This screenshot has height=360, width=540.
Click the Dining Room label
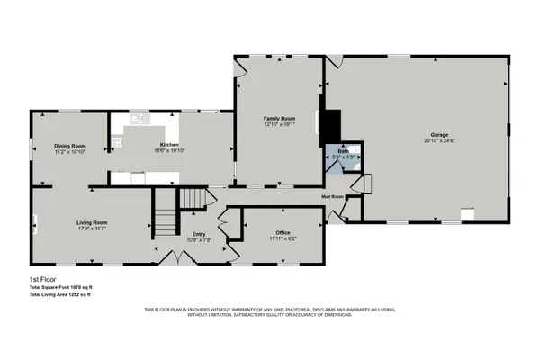coord(69,145)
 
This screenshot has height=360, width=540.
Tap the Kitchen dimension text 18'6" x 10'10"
coord(169,151)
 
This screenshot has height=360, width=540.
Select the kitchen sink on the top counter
coord(138,118)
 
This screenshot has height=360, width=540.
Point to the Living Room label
coord(92,222)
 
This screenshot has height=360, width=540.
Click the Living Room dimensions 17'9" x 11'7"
coord(92,229)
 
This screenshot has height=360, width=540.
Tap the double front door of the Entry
coord(182,259)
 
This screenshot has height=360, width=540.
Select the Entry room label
coord(200,233)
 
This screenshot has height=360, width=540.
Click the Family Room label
coord(279,119)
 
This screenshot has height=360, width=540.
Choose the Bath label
coord(343,151)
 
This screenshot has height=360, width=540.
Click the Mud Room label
coord(333,195)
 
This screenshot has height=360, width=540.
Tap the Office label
coord(283,232)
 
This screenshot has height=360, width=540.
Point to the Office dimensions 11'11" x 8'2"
coord(283,238)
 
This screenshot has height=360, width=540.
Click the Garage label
coord(439,134)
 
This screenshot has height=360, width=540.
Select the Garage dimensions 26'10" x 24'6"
coord(439,140)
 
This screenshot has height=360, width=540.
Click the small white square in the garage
coord(466,214)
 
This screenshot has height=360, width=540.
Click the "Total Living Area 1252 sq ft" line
coord(61,294)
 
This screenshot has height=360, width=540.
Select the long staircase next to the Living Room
coord(164,219)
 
